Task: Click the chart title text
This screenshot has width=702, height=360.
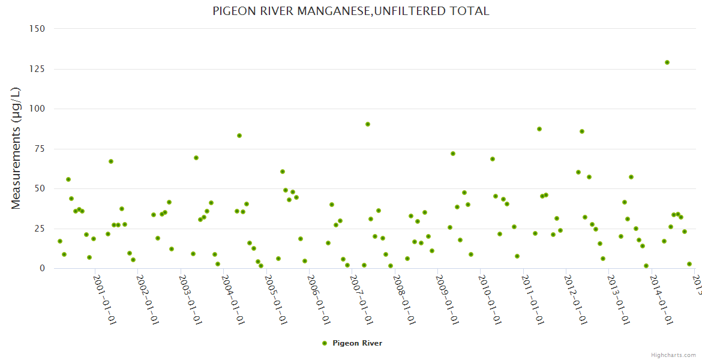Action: pos(351,11)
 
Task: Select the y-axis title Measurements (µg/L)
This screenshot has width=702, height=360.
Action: pos(16,148)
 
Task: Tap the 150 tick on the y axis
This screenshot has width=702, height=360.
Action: pos(37,29)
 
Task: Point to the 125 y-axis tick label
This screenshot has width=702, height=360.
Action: pos(37,69)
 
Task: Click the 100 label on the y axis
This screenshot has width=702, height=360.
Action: pos(37,109)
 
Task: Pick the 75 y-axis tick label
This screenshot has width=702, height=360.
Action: pos(40,149)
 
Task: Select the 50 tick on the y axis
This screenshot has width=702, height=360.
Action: pos(40,188)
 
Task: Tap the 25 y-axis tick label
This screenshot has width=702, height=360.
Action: pos(40,229)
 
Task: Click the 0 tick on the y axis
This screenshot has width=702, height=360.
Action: pos(42,268)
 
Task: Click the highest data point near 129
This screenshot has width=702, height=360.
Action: pos(667,62)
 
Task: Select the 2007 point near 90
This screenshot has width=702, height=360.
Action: pos(368,124)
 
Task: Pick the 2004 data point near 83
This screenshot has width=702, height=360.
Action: pos(239,136)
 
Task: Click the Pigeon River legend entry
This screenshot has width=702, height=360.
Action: pos(352,343)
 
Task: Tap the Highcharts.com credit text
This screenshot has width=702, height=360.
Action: pos(673,355)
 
